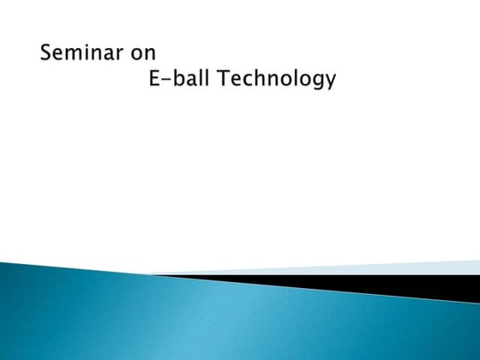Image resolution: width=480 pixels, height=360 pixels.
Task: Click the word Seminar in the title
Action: pyautogui.click(x=82, y=52)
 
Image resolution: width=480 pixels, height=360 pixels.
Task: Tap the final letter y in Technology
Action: pyautogui.click(x=330, y=83)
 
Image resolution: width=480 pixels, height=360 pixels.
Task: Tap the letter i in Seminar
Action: pyautogui.click(x=88, y=52)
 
